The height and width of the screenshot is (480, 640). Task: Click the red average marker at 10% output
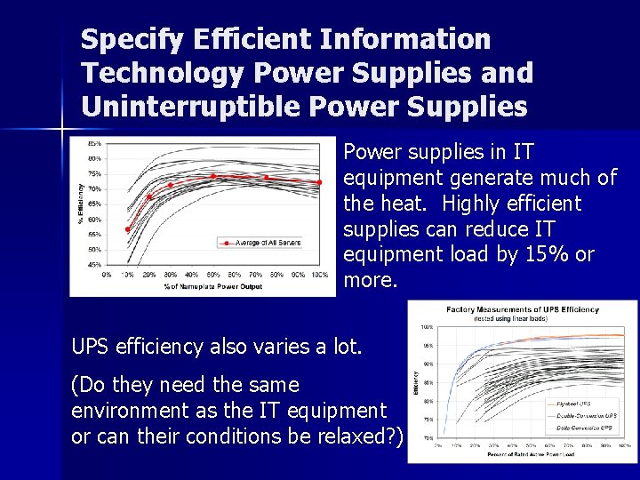click(128, 229)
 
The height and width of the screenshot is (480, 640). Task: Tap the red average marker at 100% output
click(319, 182)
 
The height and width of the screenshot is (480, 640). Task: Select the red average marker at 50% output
click(213, 176)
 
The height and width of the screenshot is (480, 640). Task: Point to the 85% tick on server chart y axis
click(93, 143)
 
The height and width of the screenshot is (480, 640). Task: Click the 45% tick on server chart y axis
click(93, 265)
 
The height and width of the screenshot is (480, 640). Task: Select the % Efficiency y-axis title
click(81, 204)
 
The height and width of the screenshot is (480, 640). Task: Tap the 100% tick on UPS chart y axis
click(428, 327)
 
